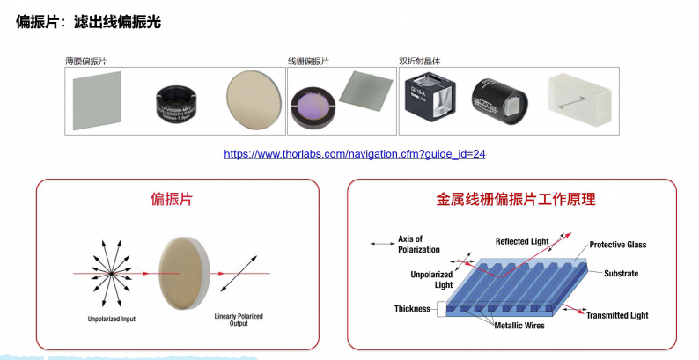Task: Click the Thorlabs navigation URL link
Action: [x=355, y=153]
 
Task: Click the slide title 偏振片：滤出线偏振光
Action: [x=88, y=22]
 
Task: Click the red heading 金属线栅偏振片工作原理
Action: [x=516, y=200]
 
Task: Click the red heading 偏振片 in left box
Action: [x=172, y=200]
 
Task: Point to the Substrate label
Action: [x=621, y=274]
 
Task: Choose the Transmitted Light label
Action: [x=617, y=315]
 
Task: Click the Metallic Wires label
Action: [x=513, y=326]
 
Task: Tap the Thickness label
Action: [x=412, y=309]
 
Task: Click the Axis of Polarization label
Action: [x=410, y=243]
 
